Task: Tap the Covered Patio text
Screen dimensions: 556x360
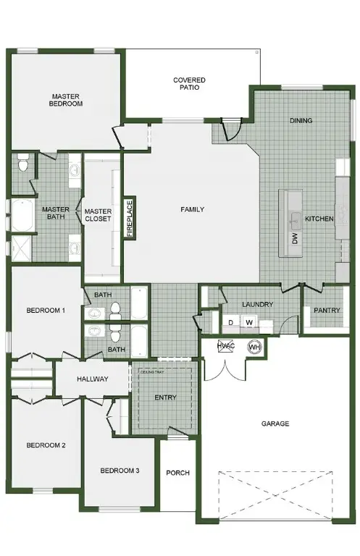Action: [x=189, y=83]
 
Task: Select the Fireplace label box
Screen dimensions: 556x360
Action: [x=130, y=216]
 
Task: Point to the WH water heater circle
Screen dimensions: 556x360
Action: [x=254, y=347]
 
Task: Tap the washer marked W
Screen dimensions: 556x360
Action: [x=248, y=322]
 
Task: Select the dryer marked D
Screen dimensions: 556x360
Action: [x=231, y=322]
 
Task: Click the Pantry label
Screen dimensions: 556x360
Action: [x=327, y=310]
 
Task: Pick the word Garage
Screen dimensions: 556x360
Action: [x=275, y=424]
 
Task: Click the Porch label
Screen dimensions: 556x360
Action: [x=177, y=473]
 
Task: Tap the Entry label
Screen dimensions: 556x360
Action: [x=166, y=397]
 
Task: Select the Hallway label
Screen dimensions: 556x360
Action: [x=92, y=379]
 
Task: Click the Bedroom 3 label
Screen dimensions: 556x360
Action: [x=120, y=471]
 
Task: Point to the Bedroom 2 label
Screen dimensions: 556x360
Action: [x=46, y=445]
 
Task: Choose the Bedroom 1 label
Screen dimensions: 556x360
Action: [x=46, y=311]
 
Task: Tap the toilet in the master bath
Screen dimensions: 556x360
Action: [x=24, y=165]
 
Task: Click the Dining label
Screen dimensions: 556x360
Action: [x=301, y=120]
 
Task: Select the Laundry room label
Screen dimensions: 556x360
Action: [x=257, y=304]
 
